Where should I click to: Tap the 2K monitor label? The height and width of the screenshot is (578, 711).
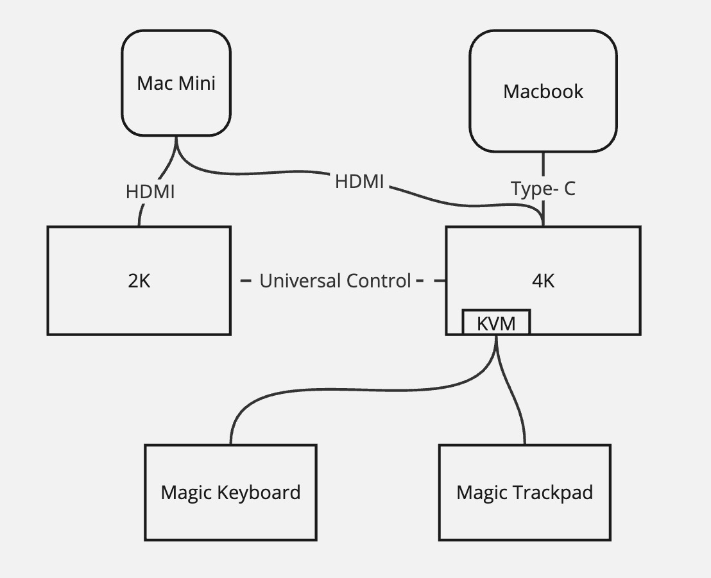pyautogui.click(x=139, y=281)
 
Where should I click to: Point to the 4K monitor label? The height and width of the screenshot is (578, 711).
pyautogui.click(x=544, y=281)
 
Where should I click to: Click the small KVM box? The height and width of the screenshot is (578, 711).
pyautogui.click(x=496, y=323)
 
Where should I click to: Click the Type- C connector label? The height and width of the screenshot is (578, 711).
pyautogui.click(x=543, y=189)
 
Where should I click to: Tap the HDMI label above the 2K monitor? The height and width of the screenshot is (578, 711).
pyautogui.click(x=150, y=191)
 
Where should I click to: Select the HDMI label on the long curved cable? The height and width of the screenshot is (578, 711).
pyautogui.click(x=359, y=182)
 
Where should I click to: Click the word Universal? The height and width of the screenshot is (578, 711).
pyautogui.click(x=299, y=281)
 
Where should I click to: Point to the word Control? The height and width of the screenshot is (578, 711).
pyautogui.click(x=379, y=281)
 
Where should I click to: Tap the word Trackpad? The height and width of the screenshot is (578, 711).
pyautogui.click(x=558, y=493)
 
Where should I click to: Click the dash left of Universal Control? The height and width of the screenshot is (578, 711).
pyautogui.click(x=246, y=281)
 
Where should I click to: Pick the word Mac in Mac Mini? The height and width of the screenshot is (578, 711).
pyautogui.click(x=154, y=83)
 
